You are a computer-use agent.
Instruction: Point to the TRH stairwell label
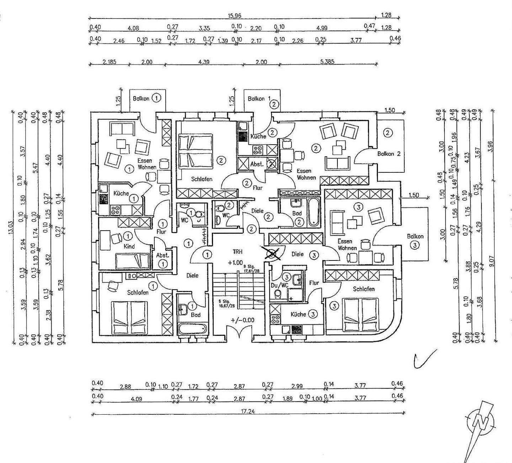(x=238, y=252)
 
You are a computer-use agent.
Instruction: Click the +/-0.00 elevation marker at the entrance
(x=242, y=320)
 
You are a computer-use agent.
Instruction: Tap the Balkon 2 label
(x=389, y=154)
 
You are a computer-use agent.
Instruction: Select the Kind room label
(x=129, y=246)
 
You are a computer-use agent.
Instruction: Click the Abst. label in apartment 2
(x=257, y=164)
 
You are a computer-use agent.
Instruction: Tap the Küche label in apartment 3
(x=298, y=314)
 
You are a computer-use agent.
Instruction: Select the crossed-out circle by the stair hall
(x=272, y=253)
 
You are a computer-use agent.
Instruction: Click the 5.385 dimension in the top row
(x=327, y=62)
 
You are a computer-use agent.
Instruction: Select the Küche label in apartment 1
(x=121, y=193)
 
